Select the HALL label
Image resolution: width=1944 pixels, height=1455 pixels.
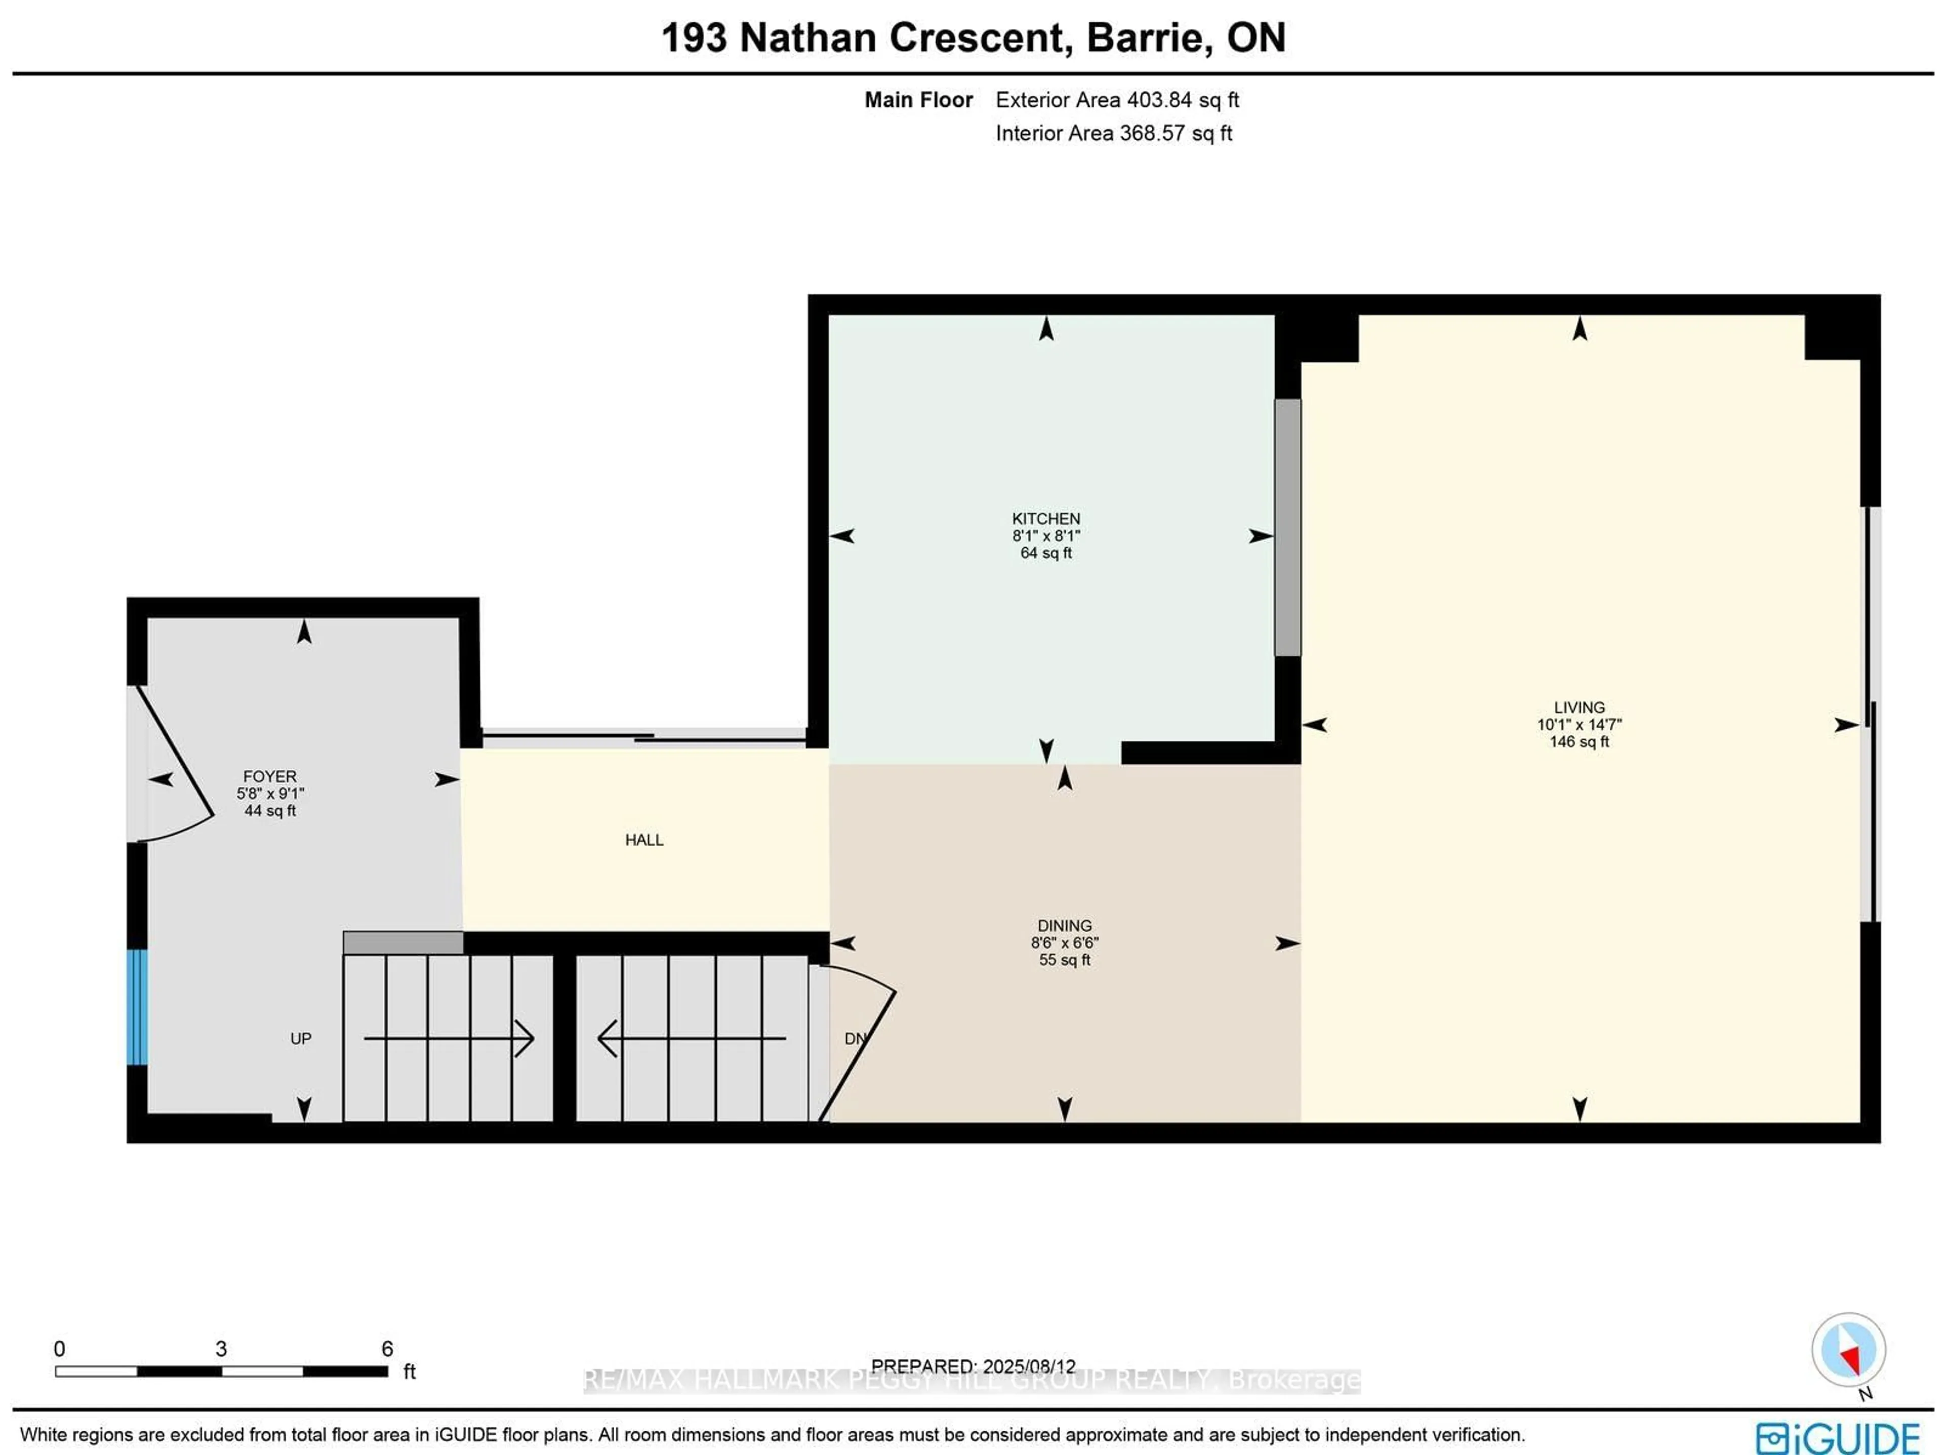[x=643, y=840]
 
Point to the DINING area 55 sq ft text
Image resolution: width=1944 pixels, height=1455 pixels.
[x=1064, y=960]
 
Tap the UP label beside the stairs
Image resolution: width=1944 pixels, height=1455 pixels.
[x=301, y=1038]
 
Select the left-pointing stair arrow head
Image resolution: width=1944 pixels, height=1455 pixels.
[x=606, y=1038]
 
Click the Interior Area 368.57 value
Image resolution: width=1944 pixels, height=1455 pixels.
[x=1151, y=134]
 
